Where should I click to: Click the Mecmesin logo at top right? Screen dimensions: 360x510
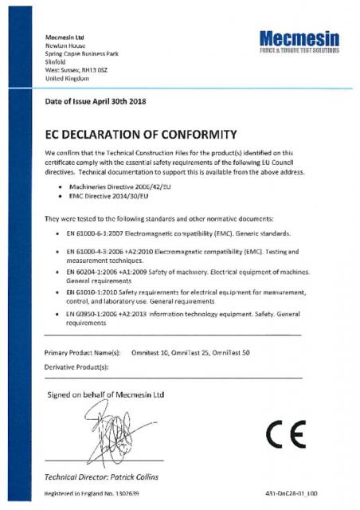(299, 39)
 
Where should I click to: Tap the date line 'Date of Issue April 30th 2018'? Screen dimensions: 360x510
(94, 101)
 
